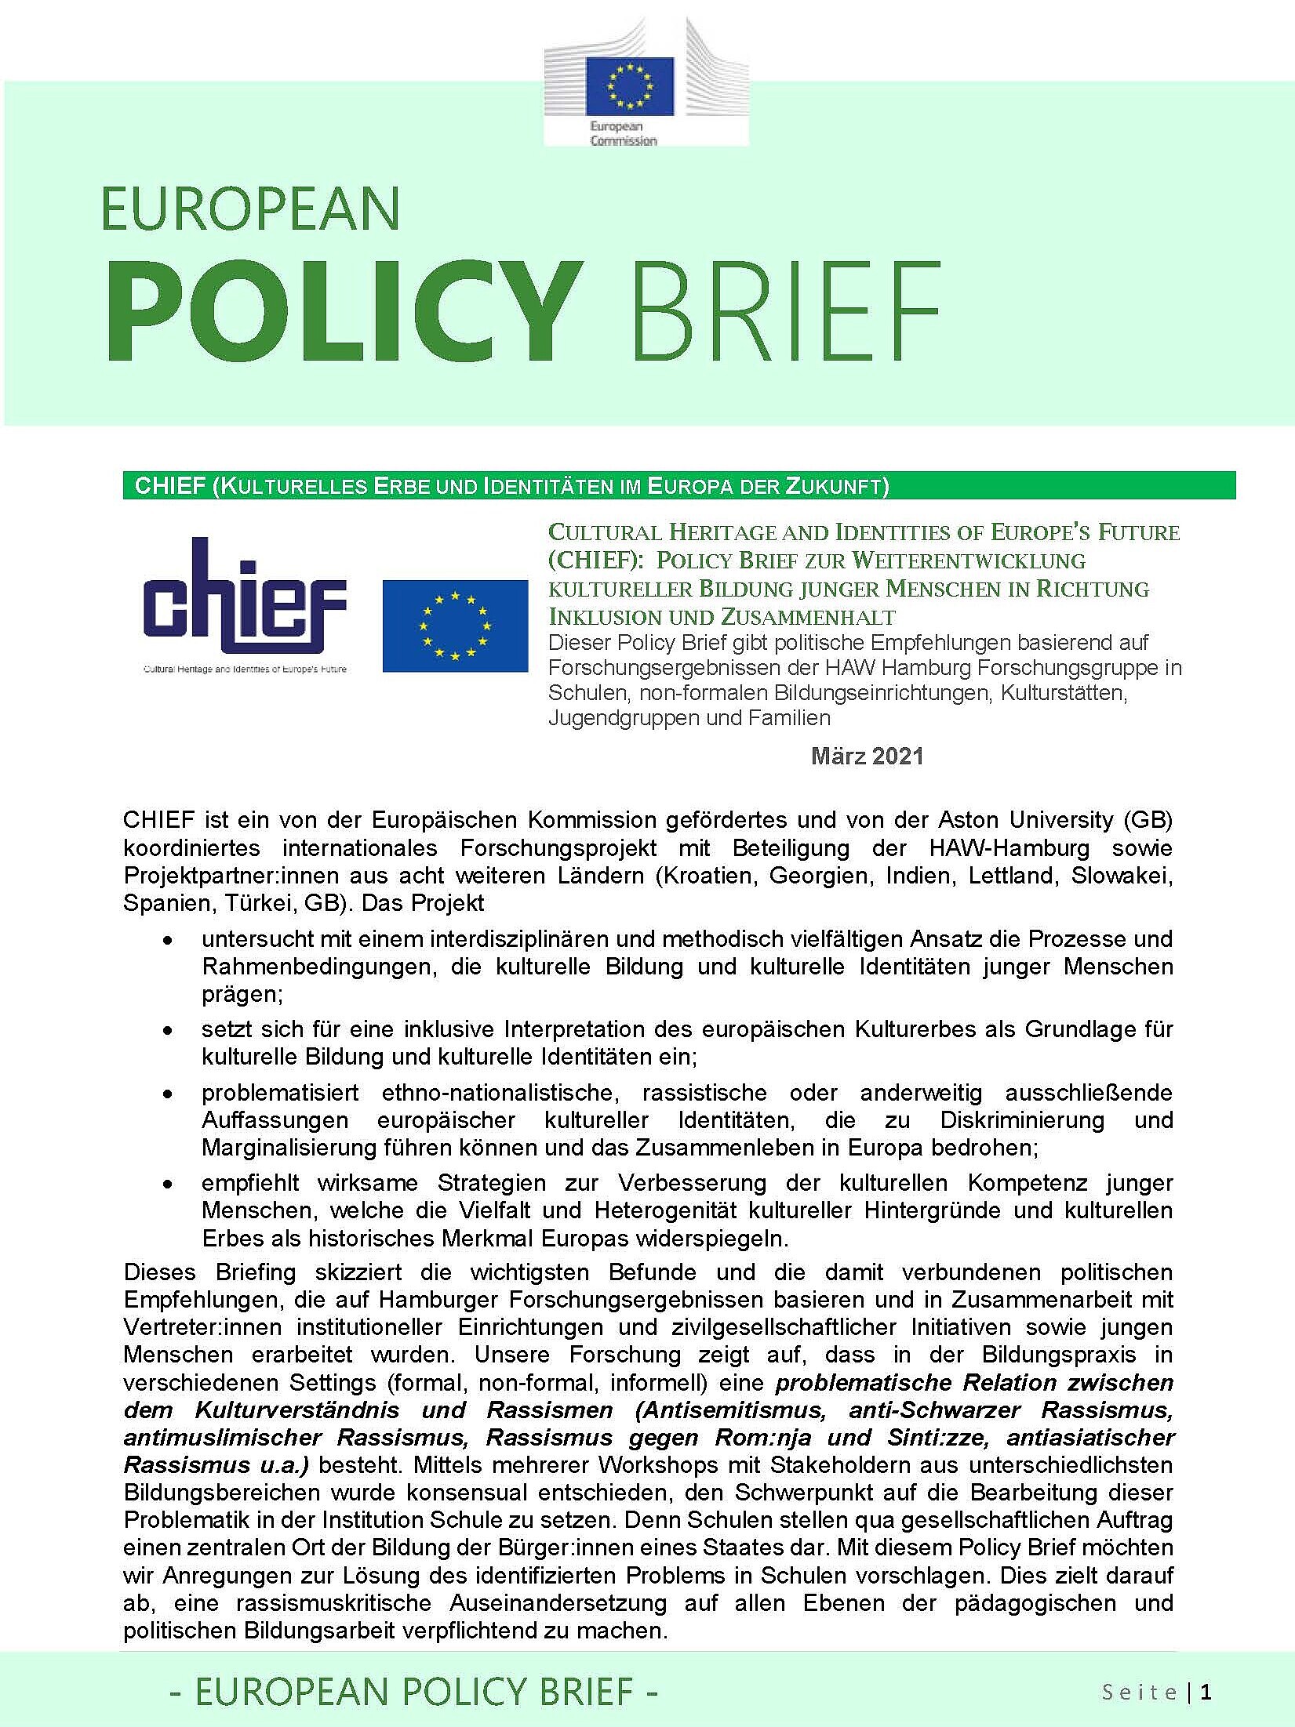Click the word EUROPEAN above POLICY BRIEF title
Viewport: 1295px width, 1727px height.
point(251,209)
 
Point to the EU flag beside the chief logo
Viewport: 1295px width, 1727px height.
point(455,626)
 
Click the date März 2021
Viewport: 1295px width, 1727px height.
point(867,756)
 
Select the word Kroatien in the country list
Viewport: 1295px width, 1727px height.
point(711,876)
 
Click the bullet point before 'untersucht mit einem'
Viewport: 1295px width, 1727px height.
point(166,940)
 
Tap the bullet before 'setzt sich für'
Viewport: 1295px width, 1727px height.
point(166,1030)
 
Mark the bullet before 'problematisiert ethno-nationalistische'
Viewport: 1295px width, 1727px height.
point(166,1094)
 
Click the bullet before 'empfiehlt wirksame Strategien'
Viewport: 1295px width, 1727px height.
point(166,1184)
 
